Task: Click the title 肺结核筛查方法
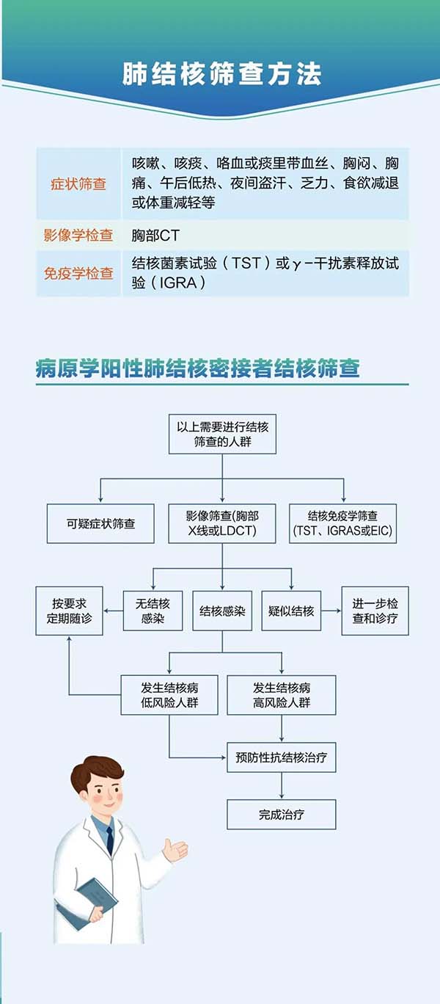(221, 75)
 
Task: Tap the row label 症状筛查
(78, 183)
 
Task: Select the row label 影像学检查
(78, 236)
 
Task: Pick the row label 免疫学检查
(78, 273)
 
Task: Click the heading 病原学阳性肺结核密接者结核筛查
(198, 368)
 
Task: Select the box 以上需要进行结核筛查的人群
(222, 434)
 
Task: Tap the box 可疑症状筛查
(100, 523)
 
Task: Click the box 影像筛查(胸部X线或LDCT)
(222, 523)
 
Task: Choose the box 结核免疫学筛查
(342, 523)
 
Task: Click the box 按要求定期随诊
(69, 611)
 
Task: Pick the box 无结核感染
(153, 611)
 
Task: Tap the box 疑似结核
(292, 611)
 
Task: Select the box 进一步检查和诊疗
(375, 611)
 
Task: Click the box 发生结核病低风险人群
(169, 695)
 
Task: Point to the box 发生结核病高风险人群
(282, 695)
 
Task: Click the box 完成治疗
(282, 815)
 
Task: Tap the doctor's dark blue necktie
(110, 840)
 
